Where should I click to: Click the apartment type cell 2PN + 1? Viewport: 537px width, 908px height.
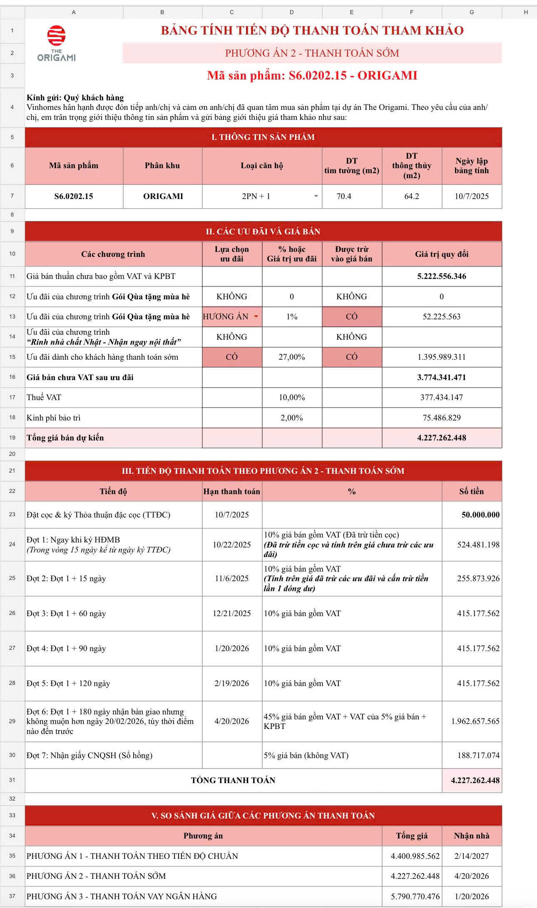click(256, 196)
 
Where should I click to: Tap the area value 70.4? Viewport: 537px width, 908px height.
click(344, 196)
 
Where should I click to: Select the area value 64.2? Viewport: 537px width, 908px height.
click(411, 196)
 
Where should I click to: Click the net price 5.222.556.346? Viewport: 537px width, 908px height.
click(442, 276)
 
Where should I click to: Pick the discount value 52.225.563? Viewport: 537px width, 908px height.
click(442, 316)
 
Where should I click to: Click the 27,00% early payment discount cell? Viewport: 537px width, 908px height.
click(291, 357)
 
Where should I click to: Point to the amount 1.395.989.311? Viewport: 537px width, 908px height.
click(442, 357)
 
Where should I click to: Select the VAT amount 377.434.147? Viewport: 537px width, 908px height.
click(442, 397)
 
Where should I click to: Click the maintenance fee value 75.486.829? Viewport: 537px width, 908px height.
click(442, 418)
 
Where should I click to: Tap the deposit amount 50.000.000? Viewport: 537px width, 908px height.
click(480, 515)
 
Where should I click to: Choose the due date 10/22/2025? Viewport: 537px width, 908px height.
click(232, 545)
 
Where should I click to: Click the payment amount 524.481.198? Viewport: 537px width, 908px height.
click(478, 545)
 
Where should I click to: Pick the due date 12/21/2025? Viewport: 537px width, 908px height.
click(232, 613)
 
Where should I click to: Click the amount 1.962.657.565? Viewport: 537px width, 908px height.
click(475, 721)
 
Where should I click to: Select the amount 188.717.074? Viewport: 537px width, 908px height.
click(478, 755)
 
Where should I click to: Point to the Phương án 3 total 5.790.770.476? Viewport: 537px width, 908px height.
click(415, 896)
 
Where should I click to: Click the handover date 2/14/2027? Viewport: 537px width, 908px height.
click(472, 856)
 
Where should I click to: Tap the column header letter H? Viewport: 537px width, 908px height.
click(526, 12)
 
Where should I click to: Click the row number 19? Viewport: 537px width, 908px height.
click(12, 438)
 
